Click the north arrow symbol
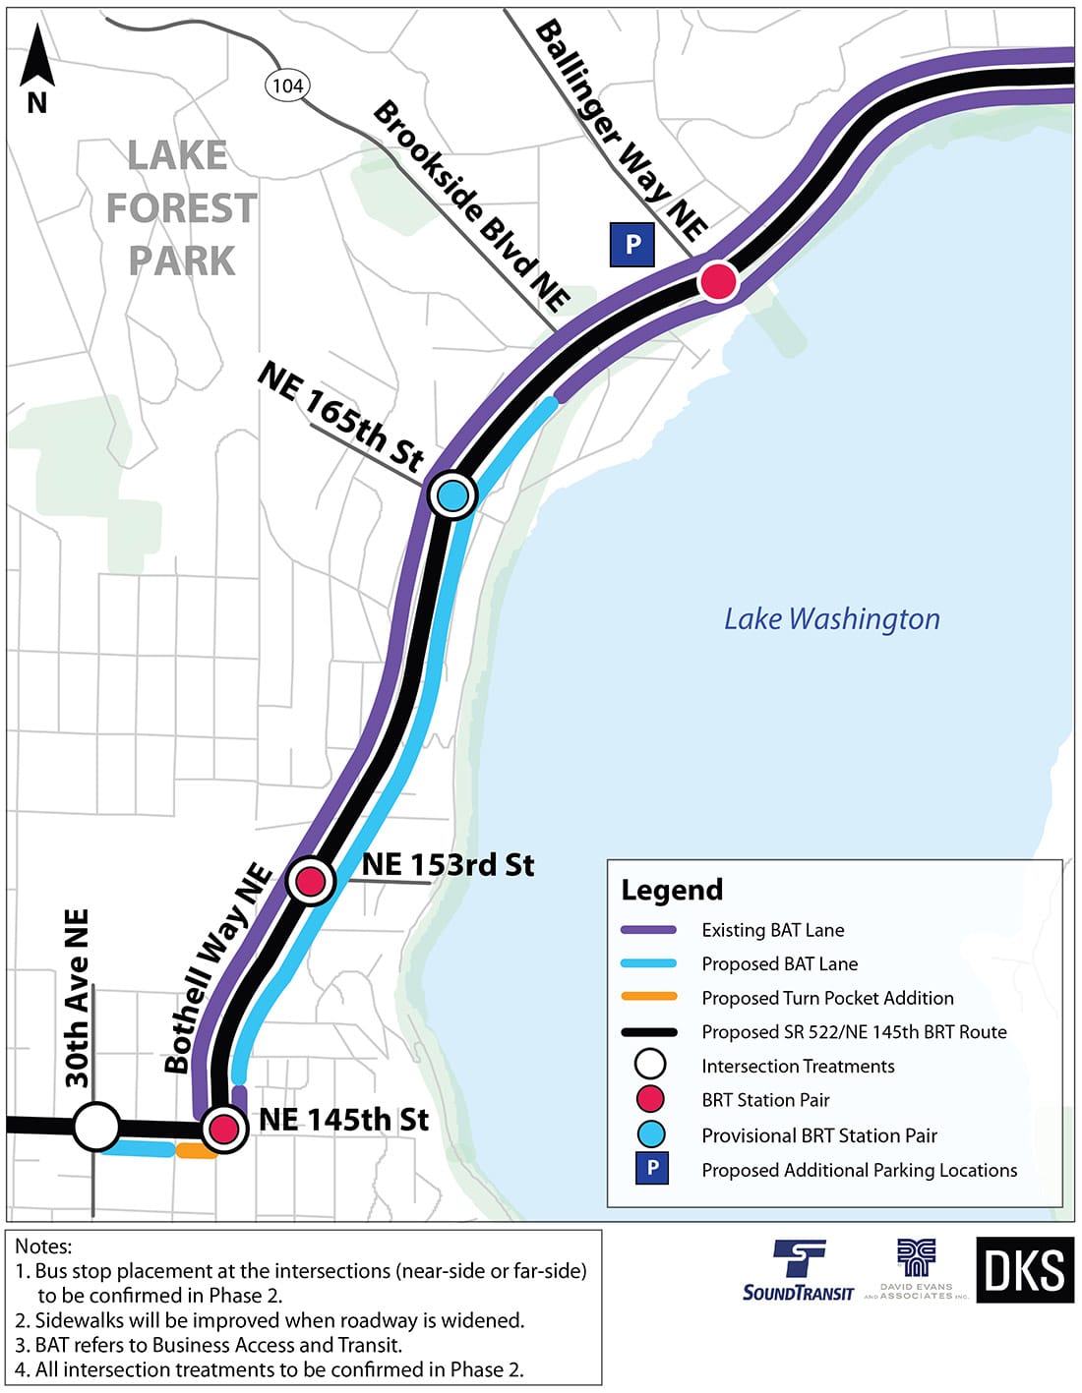point(36,68)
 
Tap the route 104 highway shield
point(287,86)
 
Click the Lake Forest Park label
point(181,208)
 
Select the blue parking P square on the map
point(632,244)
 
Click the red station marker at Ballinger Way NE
point(718,281)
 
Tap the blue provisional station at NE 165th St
point(452,494)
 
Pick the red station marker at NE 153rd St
point(311,880)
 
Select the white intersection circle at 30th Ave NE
point(96,1127)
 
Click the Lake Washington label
point(831,618)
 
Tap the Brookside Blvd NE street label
point(471,206)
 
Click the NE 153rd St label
point(448,864)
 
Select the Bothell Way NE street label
point(217,968)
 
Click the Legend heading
point(672,890)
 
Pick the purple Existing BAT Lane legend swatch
point(649,930)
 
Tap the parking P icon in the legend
point(651,1169)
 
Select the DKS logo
point(1024,1270)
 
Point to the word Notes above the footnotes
point(43,1247)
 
